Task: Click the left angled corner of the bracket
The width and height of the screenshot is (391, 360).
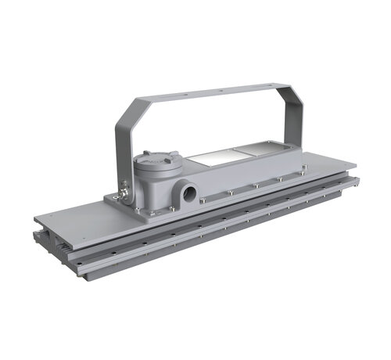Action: (x=129, y=110)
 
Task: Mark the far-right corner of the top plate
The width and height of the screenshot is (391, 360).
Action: (x=356, y=165)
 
